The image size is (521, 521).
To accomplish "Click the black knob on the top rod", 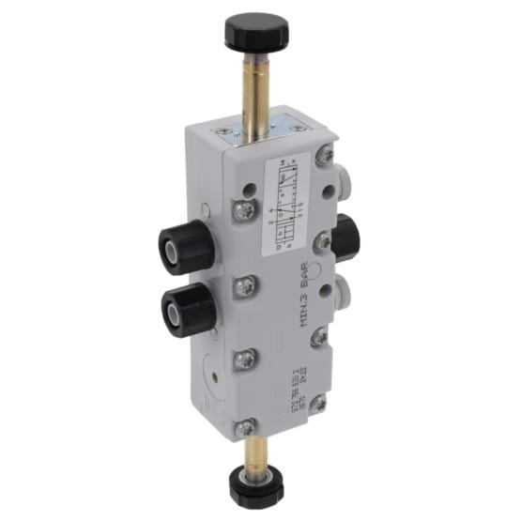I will point(248,31).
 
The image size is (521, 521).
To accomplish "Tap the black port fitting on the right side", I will point(347,237).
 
